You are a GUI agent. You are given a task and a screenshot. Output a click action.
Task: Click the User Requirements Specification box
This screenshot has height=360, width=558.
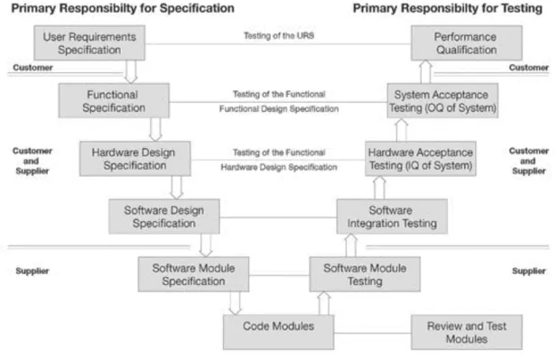tap(89, 42)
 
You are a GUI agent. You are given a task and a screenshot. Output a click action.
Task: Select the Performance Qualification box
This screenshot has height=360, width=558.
tap(467, 42)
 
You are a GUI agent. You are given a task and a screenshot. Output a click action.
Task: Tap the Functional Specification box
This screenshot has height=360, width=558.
tap(114, 101)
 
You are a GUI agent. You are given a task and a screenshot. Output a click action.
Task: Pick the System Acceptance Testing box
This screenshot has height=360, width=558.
tap(442, 101)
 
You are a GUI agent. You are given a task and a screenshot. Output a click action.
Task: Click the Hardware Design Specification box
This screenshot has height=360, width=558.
tap(135, 159)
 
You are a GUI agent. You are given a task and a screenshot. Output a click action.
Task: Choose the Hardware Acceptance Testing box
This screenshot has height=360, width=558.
tap(420, 159)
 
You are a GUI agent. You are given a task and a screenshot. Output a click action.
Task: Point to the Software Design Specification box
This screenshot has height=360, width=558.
tap(164, 217)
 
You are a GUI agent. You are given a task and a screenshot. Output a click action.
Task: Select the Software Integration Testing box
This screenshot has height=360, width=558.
tap(392, 217)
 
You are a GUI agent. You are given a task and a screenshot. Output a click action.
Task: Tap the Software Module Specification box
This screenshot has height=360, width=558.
tap(193, 274)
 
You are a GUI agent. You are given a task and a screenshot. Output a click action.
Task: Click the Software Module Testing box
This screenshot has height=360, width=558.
tap(365, 274)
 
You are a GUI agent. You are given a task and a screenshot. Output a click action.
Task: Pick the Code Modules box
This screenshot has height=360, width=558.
tap(278, 332)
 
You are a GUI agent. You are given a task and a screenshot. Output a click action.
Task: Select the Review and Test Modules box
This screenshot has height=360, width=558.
tap(467, 332)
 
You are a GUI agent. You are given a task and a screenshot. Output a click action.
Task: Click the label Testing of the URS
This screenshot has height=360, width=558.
tap(279, 35)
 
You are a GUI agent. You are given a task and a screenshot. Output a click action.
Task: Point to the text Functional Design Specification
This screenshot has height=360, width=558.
tap(279, 109)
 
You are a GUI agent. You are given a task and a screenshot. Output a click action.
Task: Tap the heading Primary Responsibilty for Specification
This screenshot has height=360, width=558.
tap(123, 8)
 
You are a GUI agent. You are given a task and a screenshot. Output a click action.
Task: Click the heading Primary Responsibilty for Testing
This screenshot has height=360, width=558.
tap(448, 8)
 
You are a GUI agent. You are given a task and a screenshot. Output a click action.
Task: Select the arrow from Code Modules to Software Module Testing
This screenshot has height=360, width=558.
tap(324, 303)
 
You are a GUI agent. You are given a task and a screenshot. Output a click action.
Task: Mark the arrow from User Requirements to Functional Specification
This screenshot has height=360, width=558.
tap(131, 71)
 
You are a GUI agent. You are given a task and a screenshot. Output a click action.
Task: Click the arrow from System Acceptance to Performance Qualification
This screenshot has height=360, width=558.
tap(425, 71)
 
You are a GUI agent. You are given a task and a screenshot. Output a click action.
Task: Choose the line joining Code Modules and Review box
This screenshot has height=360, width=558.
tap(373, 333)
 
